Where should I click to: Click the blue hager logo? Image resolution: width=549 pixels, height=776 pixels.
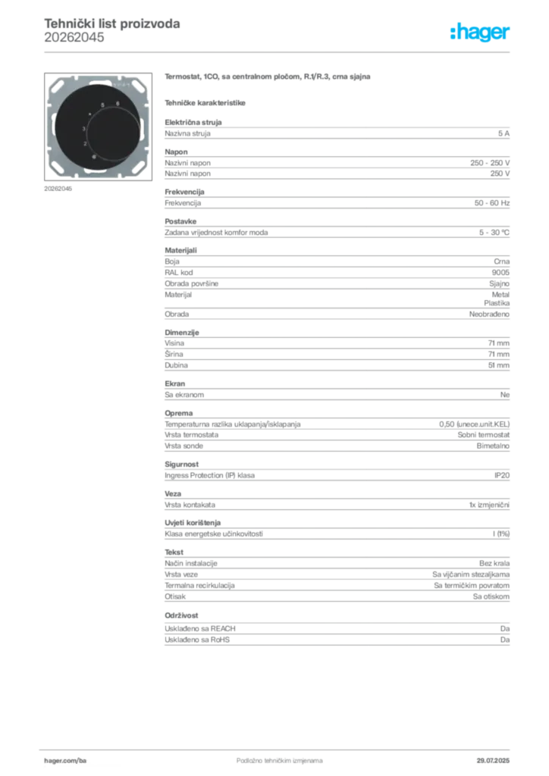pos(481,33)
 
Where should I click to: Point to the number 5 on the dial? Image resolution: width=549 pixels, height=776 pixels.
pos(103,104)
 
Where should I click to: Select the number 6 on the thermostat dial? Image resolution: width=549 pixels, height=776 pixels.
pos(118,103)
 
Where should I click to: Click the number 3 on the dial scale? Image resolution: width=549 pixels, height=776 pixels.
pos(84,130)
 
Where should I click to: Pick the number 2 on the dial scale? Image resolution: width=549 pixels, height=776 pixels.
pos(85,143)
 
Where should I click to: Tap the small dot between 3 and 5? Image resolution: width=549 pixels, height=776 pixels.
pos(91,114)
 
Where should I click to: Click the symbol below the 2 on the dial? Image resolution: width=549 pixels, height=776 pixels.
pos(93,156)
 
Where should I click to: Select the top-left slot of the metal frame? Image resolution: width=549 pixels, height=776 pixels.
pos(61,86)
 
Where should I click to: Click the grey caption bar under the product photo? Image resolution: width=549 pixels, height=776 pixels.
pos(58,188)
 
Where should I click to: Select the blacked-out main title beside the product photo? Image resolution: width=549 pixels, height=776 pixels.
pos(269,78)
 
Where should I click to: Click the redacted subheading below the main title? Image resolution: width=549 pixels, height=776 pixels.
pos(206,102)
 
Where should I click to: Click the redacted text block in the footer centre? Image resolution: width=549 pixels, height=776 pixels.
pos(269,756)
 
